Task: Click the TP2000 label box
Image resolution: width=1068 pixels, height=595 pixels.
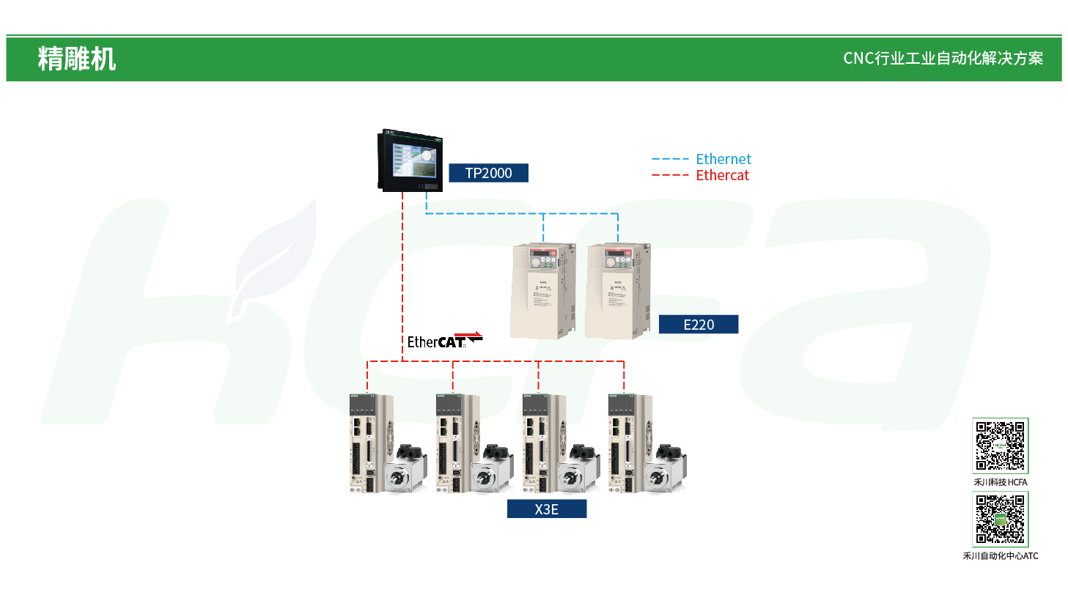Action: point(488,173)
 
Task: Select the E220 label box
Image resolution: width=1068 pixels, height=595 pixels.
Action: point(698,324)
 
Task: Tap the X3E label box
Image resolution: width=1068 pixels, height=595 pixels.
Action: point(547,509)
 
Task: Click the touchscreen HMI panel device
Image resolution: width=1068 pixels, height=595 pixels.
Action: point(408,161)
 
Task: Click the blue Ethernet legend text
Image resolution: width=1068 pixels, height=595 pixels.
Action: point(723,159)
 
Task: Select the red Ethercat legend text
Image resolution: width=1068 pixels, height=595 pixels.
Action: point(722,175)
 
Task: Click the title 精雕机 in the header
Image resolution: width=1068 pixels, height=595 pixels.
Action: point(77,59)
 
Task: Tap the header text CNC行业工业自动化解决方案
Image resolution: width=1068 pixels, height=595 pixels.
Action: point(943,59)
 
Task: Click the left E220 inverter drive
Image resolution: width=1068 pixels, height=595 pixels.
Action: point(543,290)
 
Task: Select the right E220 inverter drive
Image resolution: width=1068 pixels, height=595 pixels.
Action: point(616,290)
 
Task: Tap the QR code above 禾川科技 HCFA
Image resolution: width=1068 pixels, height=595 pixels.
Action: point(1000,446)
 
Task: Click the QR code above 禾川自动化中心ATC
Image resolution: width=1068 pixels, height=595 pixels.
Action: point(1000,519)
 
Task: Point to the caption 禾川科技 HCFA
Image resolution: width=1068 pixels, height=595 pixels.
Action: point(1000,482)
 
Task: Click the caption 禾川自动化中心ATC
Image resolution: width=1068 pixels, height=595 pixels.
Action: point(1000,556)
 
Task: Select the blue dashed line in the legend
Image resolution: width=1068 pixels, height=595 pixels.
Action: point(670,159)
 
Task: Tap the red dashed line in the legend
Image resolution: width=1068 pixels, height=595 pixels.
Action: point(670,175)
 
